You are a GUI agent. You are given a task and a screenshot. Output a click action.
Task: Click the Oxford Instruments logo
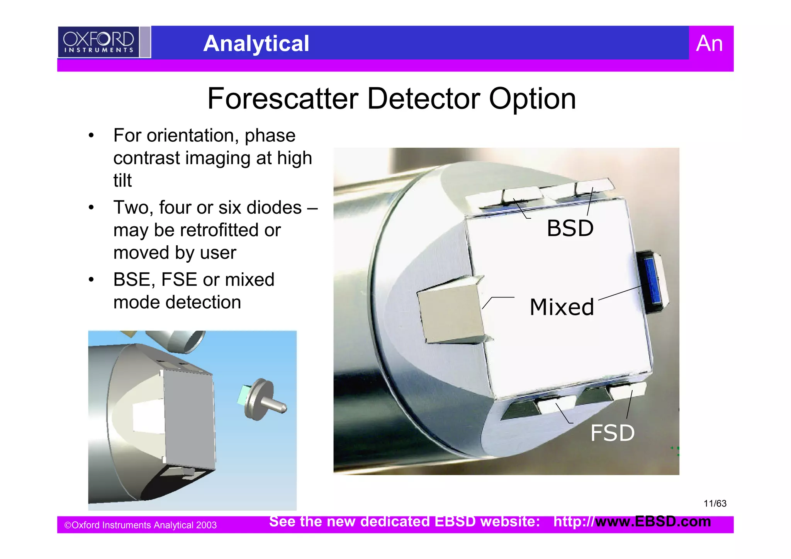click(98, 42)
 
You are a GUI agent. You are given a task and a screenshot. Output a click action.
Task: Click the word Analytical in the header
click(256, 43)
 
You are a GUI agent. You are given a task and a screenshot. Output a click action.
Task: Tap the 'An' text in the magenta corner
click(709, 43)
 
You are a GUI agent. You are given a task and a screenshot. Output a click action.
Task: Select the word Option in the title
click(532, 99)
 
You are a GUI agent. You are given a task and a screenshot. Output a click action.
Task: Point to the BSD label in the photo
click(570, 228)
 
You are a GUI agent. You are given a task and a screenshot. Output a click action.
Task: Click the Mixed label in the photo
click(562, 307)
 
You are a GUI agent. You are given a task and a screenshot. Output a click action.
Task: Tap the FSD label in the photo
click(612, 433)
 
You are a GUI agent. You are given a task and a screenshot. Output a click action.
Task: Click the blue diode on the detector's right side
click(652, 280)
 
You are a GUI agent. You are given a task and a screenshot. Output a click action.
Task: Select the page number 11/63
click(715, 503)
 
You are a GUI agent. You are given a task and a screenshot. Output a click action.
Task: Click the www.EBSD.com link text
click(653, 522)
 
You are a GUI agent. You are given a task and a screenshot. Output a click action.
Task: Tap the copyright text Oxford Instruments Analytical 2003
click(141, 525)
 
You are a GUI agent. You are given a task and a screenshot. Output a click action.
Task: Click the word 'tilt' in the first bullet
click(122, 180)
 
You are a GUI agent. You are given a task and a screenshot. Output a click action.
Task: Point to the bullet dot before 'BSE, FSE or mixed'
click(91, 280)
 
